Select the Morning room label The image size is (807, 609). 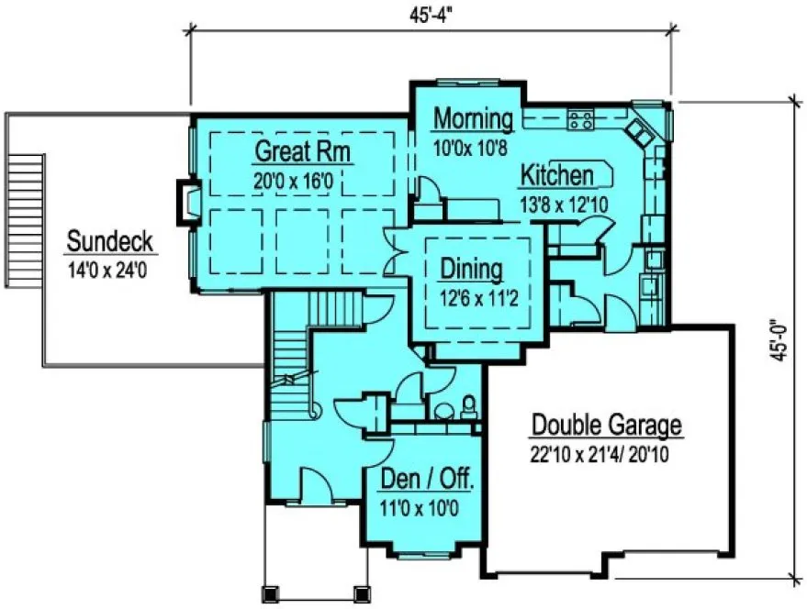point(473,118)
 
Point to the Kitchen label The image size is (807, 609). point(559,174)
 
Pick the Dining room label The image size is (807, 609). point(472,269)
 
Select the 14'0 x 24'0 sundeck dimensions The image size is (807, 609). point(109,271)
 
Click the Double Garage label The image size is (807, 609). point(607,426)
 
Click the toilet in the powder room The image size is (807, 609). point(469,404)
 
